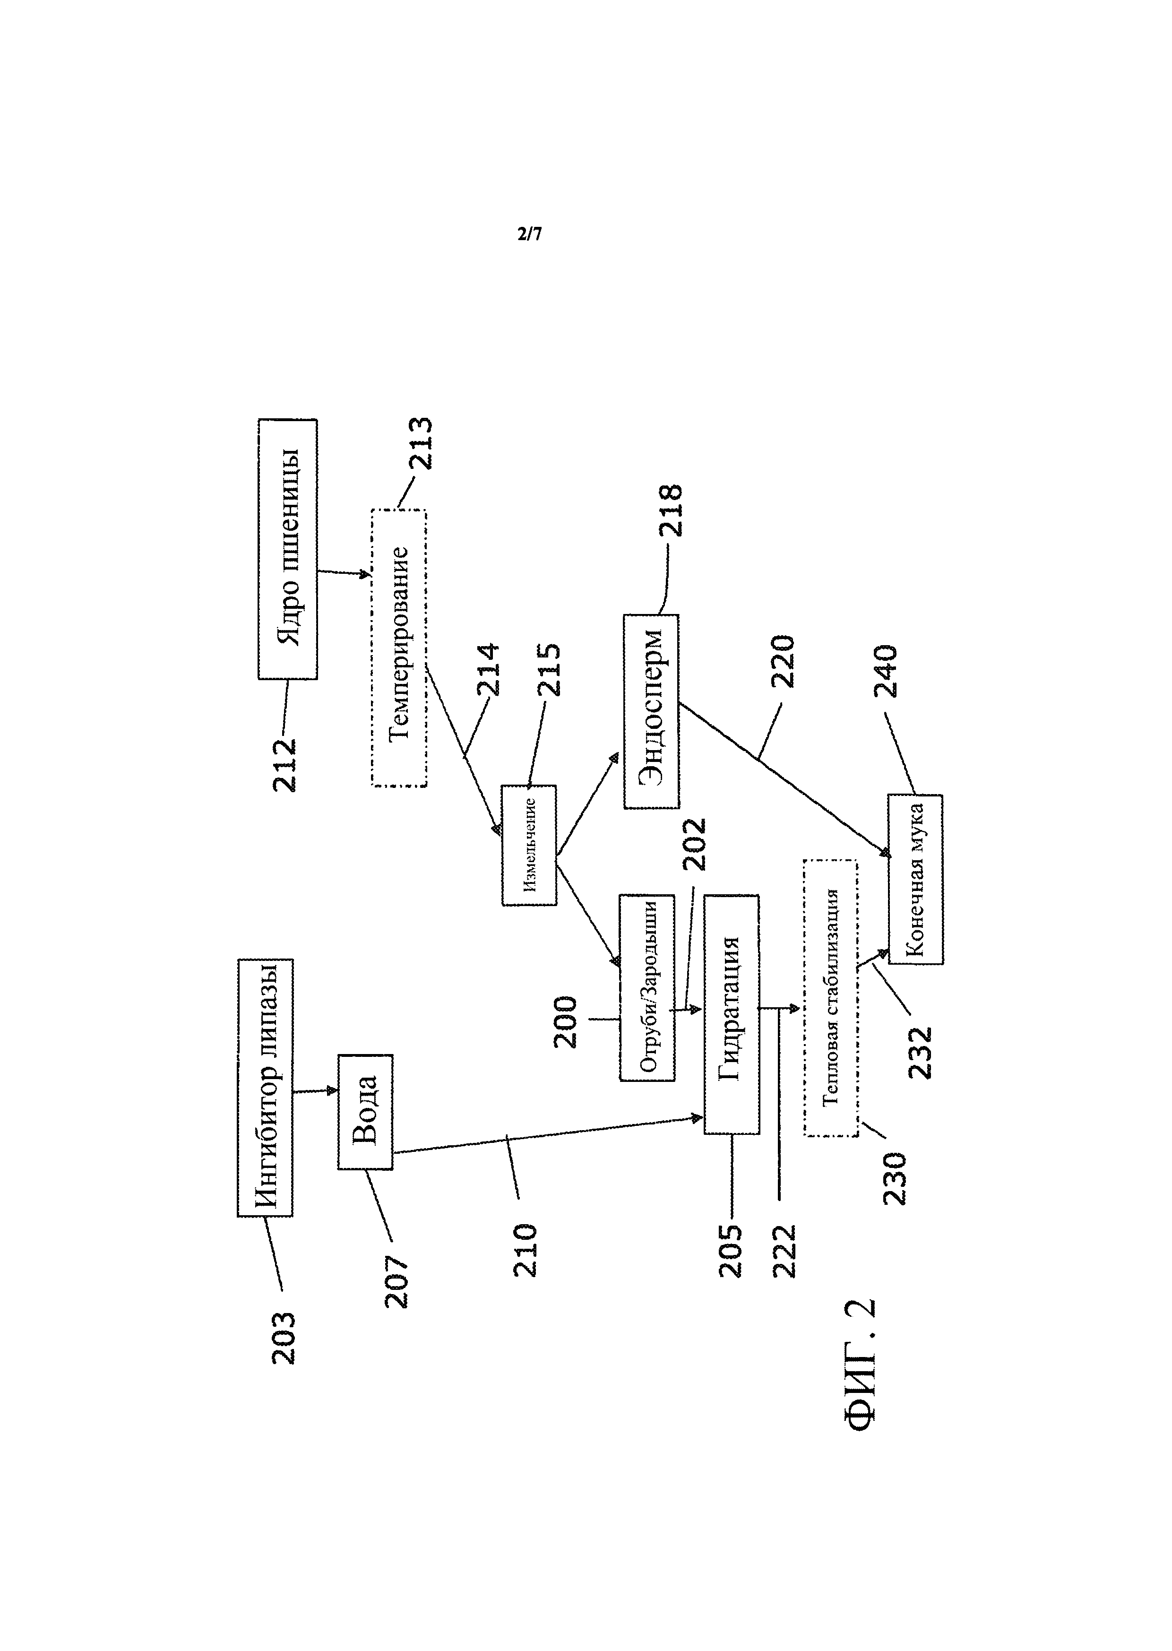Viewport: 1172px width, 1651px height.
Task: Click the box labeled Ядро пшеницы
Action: tap(287, 549)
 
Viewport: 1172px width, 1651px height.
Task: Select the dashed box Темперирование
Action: tap(399, 647)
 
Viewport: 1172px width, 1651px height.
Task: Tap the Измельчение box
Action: tap(529, 845)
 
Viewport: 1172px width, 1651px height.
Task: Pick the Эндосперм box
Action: tap(651, 711)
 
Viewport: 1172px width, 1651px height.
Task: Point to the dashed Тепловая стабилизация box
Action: tap(831, 998)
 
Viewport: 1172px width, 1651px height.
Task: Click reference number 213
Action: tap(421, 444)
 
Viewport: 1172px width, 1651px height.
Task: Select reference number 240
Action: tap(886, 671)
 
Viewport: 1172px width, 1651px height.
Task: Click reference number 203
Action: tap(284, 1338)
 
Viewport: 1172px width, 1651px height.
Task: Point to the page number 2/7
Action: tap(530, 234)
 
